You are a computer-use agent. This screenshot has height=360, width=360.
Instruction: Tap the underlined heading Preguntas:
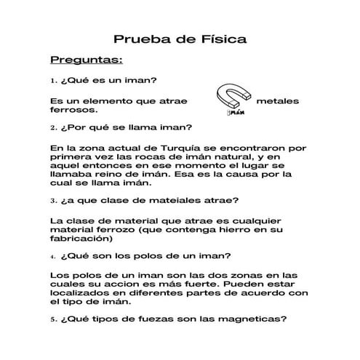click(x=87, y=59)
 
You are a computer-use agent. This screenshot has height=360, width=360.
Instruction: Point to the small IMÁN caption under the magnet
click(x=233, y=113)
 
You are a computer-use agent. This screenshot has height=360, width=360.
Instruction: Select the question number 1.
click(x=53, y=80)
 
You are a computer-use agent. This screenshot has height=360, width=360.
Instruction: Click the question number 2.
click(x=53, y=127)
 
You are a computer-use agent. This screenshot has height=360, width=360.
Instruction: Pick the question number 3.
click(x=53, y=199)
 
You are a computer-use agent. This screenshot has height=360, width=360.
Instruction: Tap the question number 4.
click(x=53, y=256)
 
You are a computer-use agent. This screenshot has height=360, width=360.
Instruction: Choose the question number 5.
click(x=53, y=319)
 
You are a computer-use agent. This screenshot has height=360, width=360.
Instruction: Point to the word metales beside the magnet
click(x=278, y=101)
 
